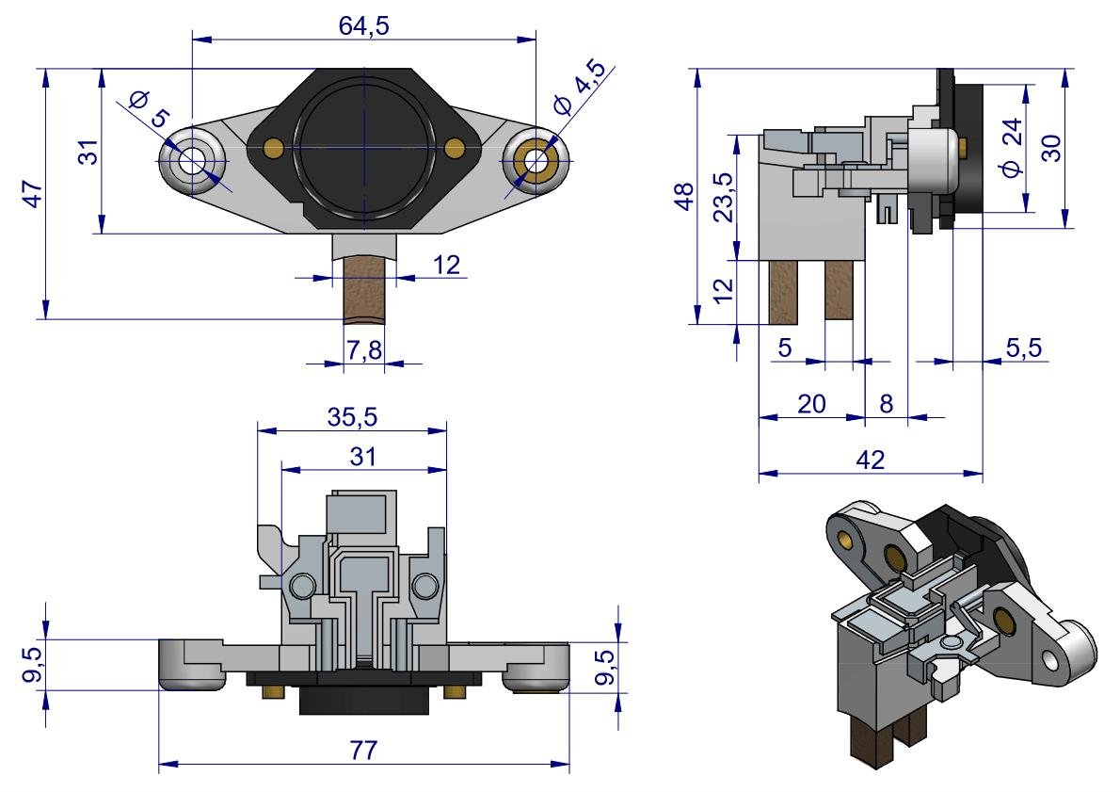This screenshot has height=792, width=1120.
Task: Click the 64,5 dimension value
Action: point(363,25)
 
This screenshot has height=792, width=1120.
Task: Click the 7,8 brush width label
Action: point(363,349)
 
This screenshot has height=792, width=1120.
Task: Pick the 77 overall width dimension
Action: point(363,751)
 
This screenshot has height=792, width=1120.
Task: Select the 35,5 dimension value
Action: point(352,417)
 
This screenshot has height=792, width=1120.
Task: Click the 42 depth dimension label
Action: point(872,460)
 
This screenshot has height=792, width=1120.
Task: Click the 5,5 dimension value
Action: point(1023,348)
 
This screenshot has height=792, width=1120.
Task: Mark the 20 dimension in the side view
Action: point(811,404)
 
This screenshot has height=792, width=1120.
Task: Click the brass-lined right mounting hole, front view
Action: point(537,159)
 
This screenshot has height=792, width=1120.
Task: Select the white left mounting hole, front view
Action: point(194,159)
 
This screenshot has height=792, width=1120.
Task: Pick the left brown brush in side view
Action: point(784,291)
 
